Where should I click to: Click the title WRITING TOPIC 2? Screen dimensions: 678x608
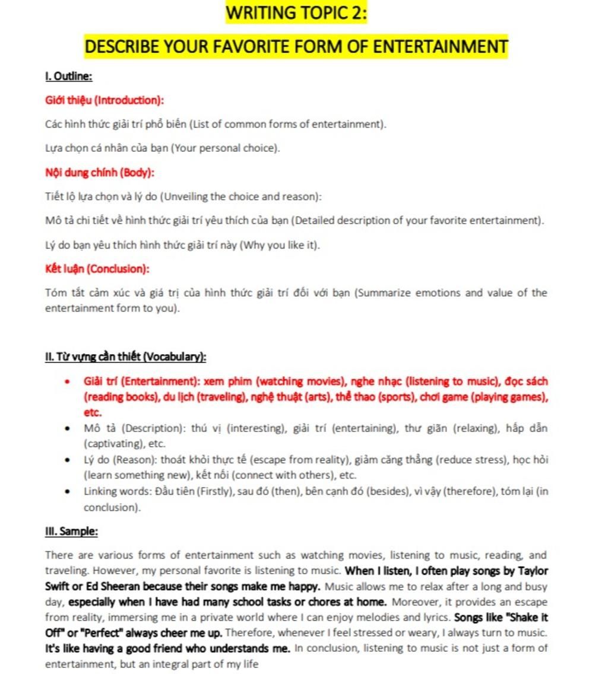296,13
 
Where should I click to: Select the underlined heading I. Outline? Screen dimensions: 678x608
68,76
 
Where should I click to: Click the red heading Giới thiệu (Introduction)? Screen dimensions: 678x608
104,100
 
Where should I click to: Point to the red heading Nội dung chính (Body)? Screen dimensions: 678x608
100,173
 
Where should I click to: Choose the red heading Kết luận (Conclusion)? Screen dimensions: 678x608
97,269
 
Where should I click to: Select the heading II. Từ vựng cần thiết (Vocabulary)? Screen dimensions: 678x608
126,356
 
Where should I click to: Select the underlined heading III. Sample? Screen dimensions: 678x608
71,531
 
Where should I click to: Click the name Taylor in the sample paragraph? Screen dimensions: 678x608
533,571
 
